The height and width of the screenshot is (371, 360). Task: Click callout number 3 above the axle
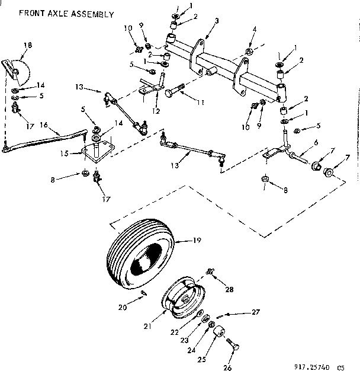tap(217, 21)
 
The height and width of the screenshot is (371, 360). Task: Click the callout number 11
tap(201, 103)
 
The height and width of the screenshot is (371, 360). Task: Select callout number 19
tap(198, 241)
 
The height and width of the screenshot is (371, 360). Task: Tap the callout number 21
tap(147, 327)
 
